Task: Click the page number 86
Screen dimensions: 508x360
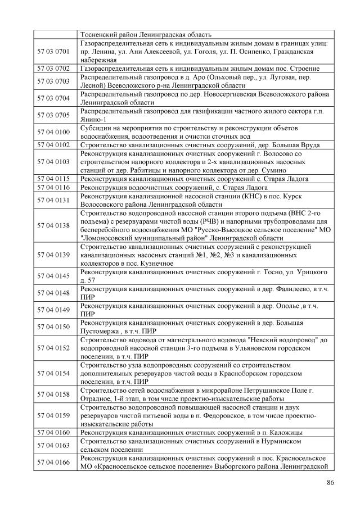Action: click(330, 482)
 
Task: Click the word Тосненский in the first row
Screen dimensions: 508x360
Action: click(101, 34)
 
